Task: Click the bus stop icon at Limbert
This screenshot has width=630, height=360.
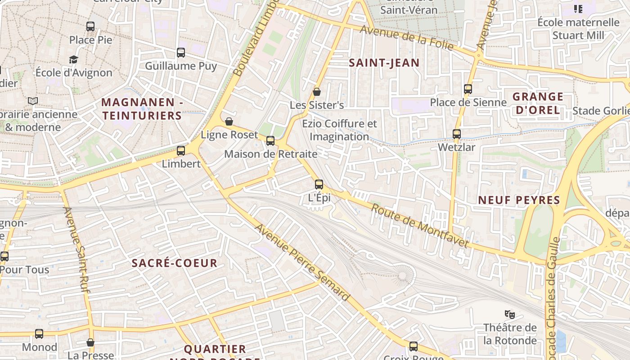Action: click(x=181, y=151)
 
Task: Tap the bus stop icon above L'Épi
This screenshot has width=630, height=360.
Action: click(x=319, y=184)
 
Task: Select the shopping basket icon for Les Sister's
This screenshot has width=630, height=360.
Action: click(x=317, y=92)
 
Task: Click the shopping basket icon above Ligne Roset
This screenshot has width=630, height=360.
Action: click(x=229, y=121)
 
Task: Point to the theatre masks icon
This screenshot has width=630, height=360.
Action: click(x=509, y=314)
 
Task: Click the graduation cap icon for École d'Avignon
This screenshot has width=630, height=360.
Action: click(x=73, y=59)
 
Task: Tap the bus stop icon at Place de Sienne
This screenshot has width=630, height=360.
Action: click(x=468, y=89)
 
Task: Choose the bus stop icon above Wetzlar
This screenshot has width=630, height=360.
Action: click(x=457, y=134)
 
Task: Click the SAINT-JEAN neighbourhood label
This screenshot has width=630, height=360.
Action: click(x=384, y=63)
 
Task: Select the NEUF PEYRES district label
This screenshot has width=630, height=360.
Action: click(x=519, y=200)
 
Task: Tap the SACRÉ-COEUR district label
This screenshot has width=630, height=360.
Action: click(x=175, y=263)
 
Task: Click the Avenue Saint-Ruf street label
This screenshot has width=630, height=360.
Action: click(x=76, y=250)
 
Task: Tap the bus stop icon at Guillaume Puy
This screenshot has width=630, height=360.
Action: click(x=181, y=53)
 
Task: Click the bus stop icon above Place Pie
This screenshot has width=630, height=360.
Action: click(x=90, y=27)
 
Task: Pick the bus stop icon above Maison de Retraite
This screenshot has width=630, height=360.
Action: click(x=270, y=141)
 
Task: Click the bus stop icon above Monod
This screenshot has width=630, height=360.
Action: click(x=39, y=334)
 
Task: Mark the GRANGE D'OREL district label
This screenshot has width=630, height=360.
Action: click(x=538, y=103)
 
